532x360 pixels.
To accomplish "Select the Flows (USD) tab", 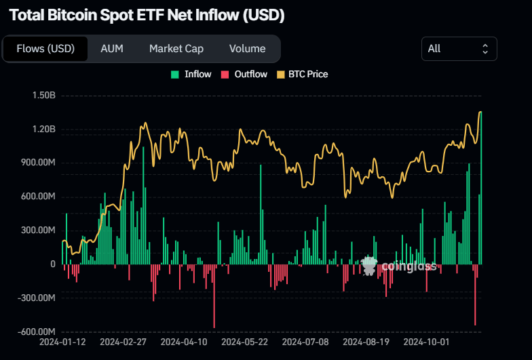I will [45, 49].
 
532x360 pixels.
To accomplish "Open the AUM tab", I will [112, 49].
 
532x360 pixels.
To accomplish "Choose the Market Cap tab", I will [176, 49].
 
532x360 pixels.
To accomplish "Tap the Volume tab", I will [247, 49].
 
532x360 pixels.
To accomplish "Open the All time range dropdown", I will [459, 49].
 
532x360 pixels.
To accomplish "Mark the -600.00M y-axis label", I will [37, 332].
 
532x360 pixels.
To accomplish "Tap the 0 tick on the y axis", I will [52, 264].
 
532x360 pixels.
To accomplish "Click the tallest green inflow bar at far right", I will [481, 190].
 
